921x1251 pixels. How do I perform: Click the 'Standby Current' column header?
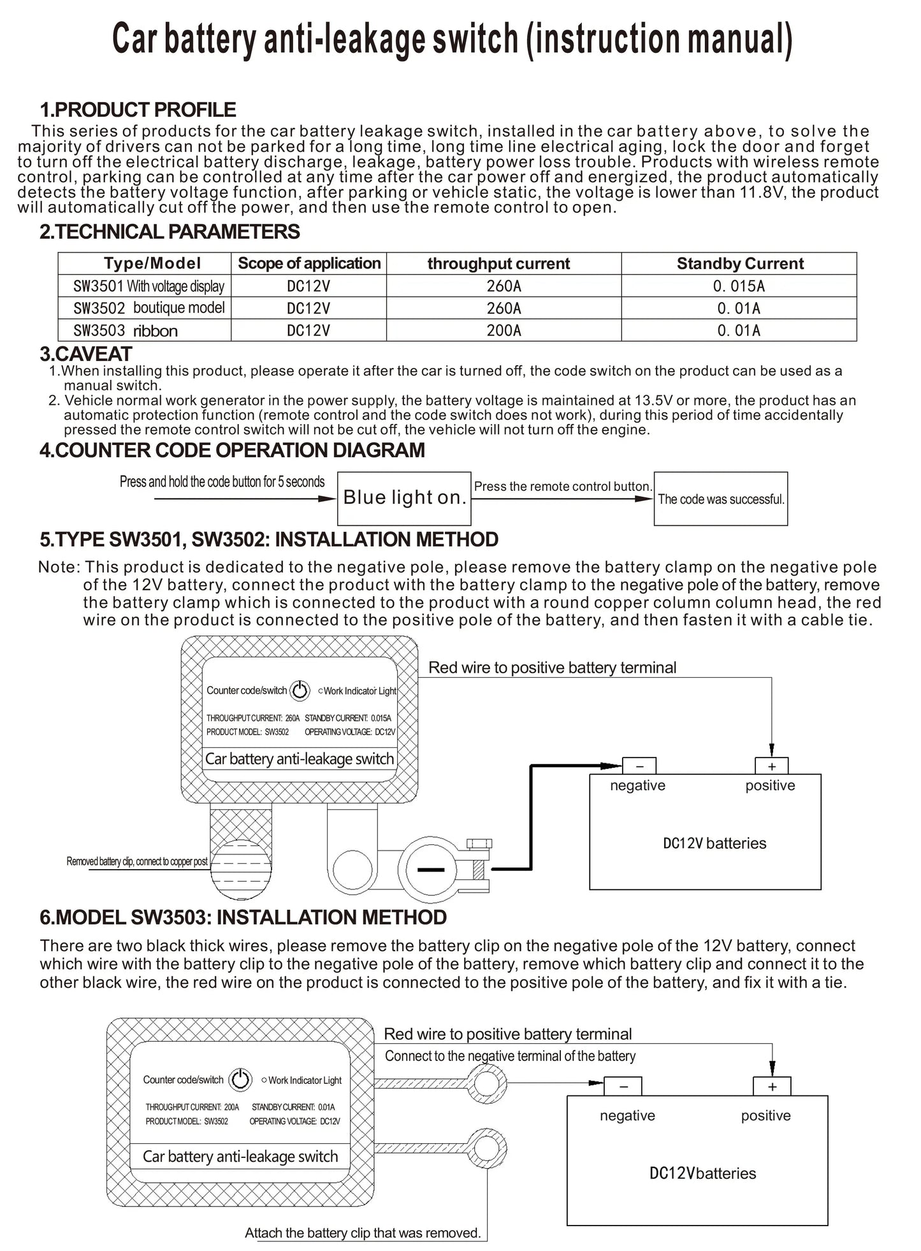[x=739, y=263]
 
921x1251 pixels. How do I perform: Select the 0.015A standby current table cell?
[x=739, y=286]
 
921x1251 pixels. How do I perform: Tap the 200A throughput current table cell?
[x=504, y=330]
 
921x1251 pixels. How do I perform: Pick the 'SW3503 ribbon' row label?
[x=126, y=330]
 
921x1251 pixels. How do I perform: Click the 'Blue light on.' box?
[x=404, y=498]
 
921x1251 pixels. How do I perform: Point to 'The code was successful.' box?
[x=721, y=499]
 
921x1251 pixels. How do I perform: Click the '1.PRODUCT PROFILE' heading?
[x=138, y=110]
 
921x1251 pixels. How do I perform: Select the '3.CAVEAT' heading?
[x=85, y=354]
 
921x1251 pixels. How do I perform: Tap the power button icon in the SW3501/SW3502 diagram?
[x=300, y=690]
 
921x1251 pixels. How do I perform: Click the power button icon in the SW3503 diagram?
[x=240, y=1079]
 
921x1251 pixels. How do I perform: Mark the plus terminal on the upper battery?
[x=771, y=766]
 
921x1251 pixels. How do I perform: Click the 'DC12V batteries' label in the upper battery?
[x=714, y=843]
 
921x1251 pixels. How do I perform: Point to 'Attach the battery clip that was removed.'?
[x=363, y=1233]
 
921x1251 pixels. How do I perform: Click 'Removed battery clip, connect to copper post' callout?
[x=137, y=861]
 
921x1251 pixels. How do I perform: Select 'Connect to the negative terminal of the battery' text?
[x=510, y=1056]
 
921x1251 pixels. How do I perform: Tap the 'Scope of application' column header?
[x=309, y=263]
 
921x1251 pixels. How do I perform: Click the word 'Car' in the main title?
[x=135, y=40]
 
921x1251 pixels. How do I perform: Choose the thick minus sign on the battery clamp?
[x=430, y=868]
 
